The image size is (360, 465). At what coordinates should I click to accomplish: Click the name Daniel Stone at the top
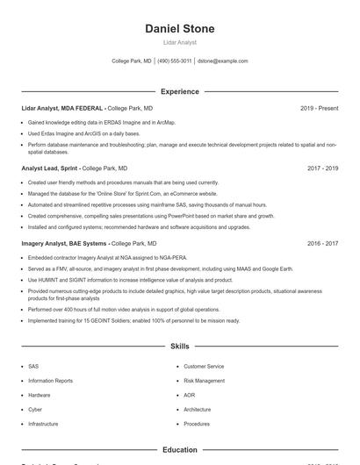[x=180, y=29]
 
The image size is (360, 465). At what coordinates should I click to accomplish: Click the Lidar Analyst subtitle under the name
[x=180, y=42]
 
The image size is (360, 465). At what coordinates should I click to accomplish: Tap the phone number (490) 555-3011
[x=175, y=61]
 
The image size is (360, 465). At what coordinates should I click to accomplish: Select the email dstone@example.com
[x=223, y=61]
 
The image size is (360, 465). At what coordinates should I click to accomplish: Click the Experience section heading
[x=180, y=91]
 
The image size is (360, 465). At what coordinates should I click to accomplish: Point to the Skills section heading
[x=180, y=347]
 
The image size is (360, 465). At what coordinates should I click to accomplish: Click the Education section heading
[x=180, y=450]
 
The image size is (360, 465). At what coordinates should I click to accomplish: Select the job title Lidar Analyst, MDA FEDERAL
[x=62, y=108]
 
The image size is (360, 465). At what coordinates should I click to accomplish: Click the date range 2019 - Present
[x=319, y=108]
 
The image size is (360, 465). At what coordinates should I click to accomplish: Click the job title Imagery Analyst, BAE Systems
[x=64, y=243]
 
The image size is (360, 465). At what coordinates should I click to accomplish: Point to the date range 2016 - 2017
[x=322, y=243]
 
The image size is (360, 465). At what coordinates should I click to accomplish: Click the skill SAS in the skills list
[x=33, y=366]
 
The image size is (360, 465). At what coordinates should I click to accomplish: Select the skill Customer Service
[x=204, y=366]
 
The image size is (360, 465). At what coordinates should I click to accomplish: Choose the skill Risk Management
[x=204, y=381]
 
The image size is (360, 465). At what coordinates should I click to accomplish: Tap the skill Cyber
[x=35, y=409]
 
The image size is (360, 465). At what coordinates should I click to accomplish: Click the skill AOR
[x=190, y=395]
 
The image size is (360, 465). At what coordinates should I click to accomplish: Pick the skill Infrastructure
[x=43, y=424]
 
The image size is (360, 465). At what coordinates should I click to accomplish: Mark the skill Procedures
[x=197, y=424]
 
